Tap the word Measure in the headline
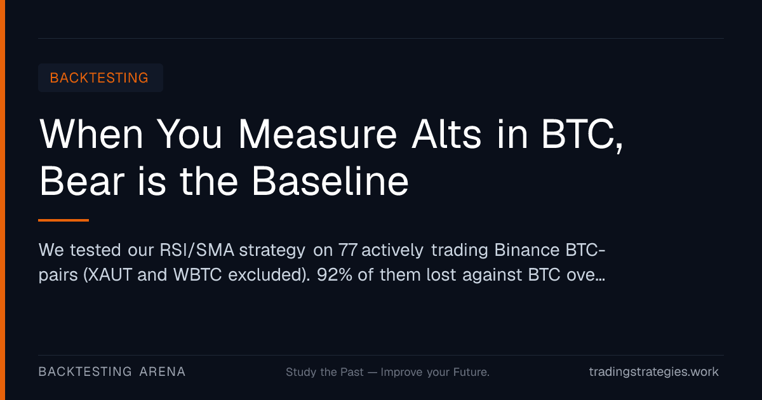pos(317,134)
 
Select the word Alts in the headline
pos(446,134)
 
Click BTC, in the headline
pos(582,135)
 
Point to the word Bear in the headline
pos(82,181)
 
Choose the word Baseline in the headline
pos(330,181)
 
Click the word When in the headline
pos(91,134)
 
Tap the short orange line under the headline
pos(63,220)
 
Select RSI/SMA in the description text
pos(197,250)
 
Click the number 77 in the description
pos(348,250)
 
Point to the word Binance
pos(527,250)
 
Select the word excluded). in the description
pos(269,275)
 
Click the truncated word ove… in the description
pos(585,276)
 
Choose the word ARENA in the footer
pos(163,372)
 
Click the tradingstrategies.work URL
pos(654,372)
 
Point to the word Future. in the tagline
pos(471,372)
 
